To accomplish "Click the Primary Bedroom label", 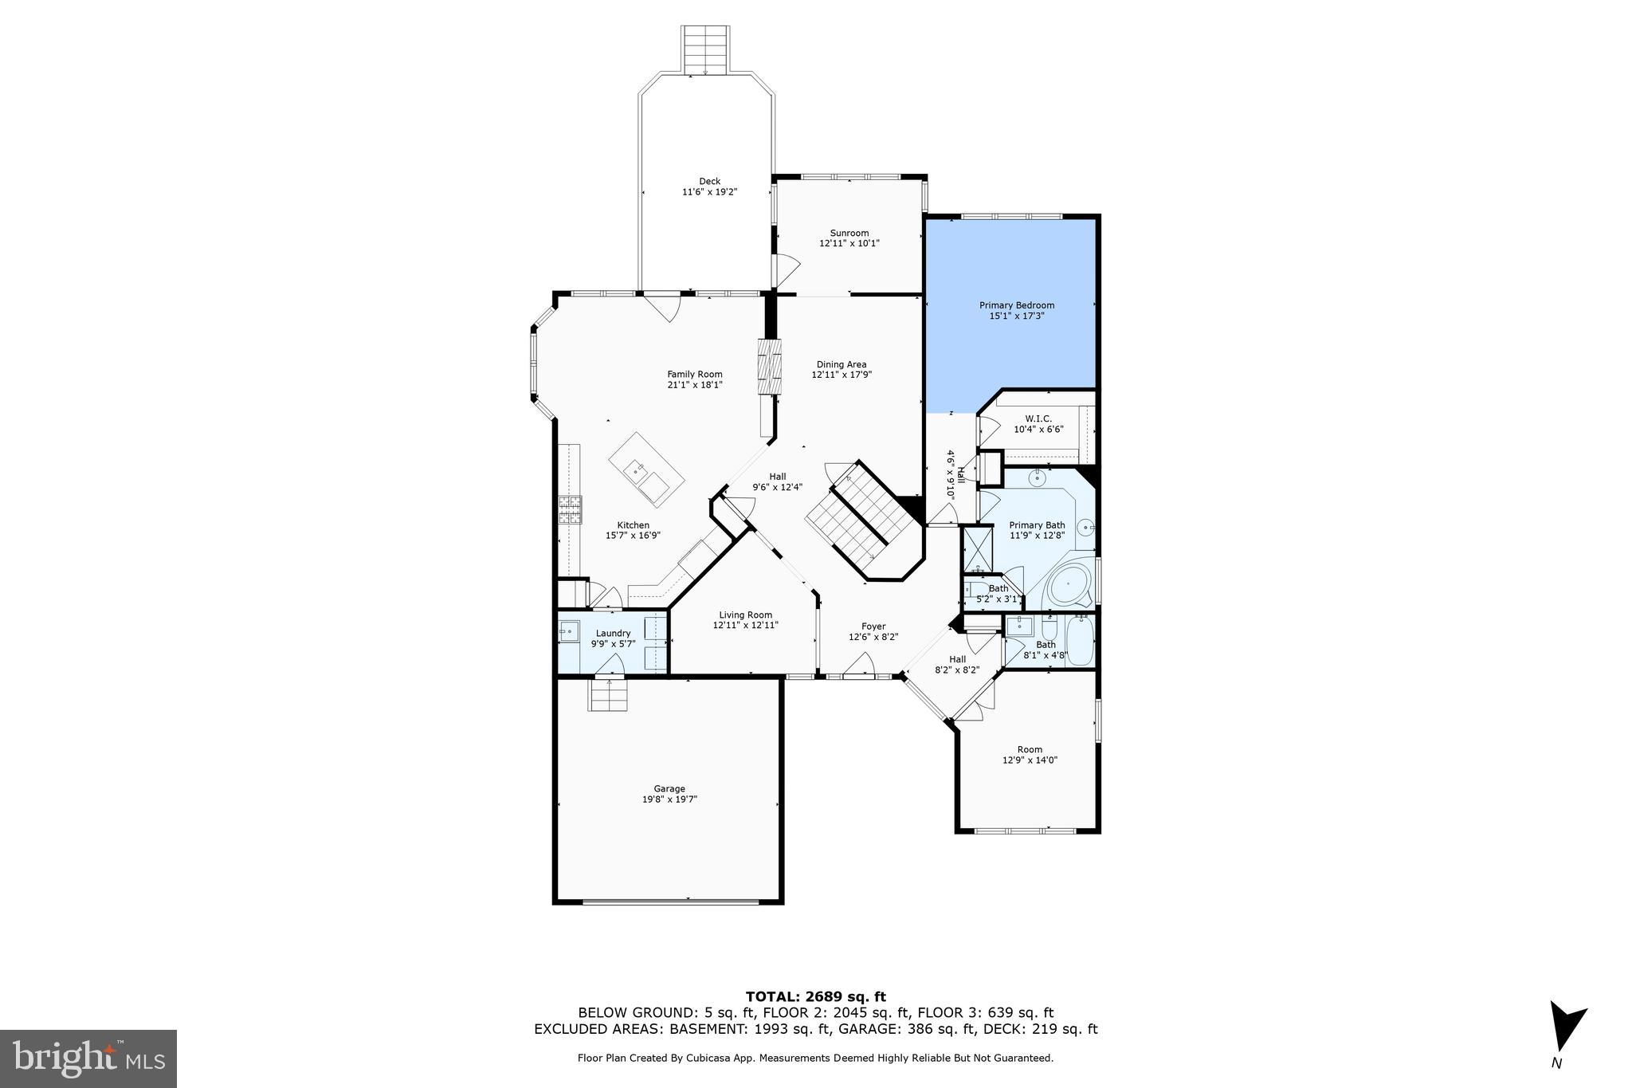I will point(1016,305).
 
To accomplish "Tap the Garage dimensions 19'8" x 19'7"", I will point(669,799).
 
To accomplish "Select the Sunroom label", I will point(849,233).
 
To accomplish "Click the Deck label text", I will point(709,181).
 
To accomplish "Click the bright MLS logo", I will point(88,1058).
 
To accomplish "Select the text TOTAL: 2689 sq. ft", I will point(815,996).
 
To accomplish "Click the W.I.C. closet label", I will point(1038,418).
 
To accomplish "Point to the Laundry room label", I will point(613,633).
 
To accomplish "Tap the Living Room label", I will point(745,615).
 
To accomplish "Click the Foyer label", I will point(873,626).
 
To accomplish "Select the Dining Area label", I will point(841,364).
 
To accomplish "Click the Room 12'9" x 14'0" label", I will point(1030,749).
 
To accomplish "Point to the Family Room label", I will point(694,374).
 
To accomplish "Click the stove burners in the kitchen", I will point(570,509).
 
